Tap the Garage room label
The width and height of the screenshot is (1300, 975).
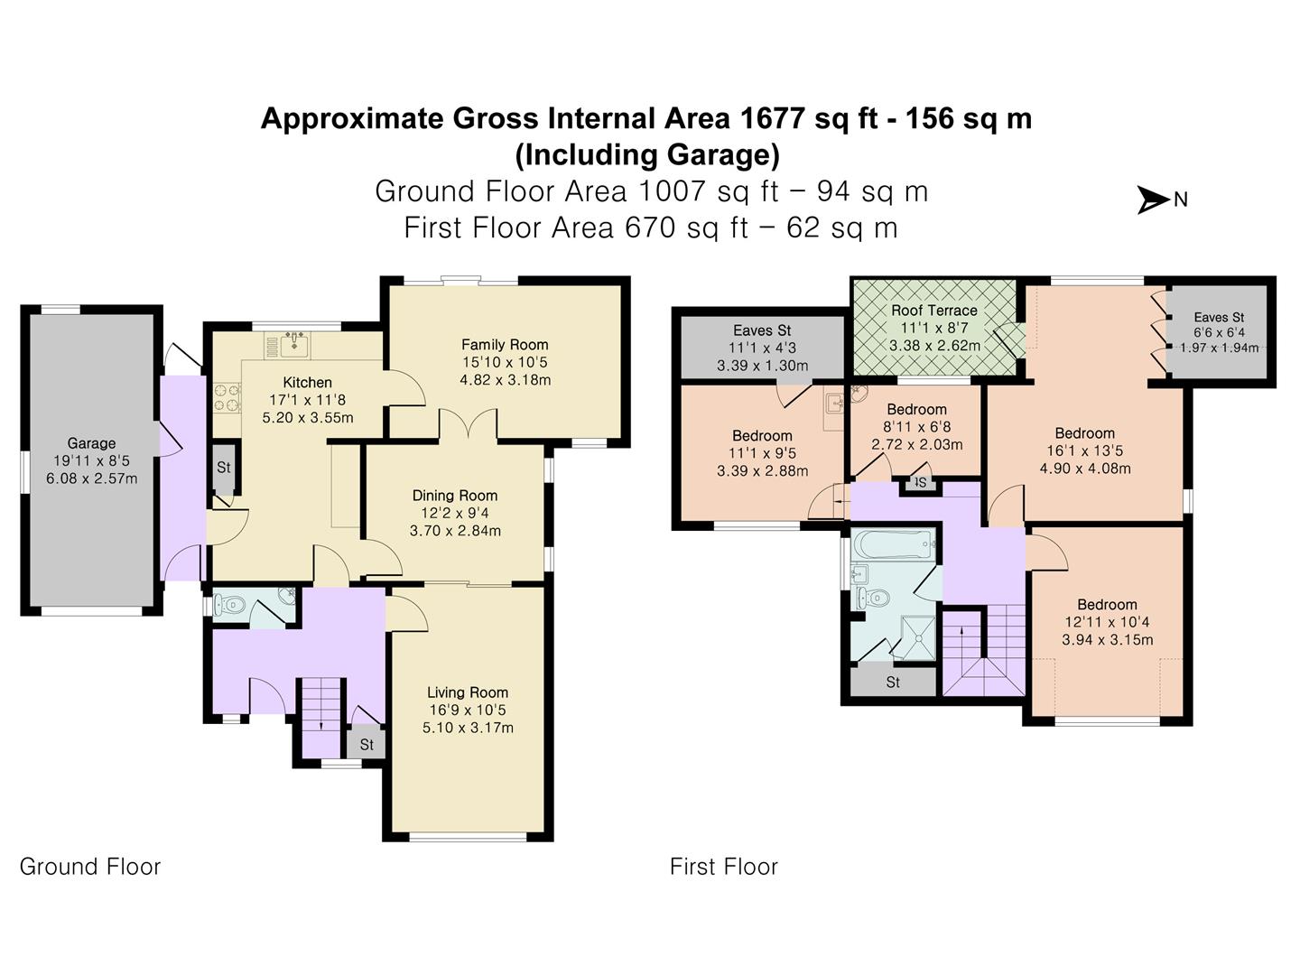click(91, 442)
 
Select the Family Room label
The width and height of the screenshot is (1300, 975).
click(505, 345)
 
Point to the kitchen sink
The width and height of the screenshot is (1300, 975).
click(294, 345)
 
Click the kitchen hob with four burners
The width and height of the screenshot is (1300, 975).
click(227, 398)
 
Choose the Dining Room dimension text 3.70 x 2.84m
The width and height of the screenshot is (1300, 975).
click(455, 531)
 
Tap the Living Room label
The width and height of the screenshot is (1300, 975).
click(468, 692)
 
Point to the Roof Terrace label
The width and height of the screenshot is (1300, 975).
click(934, 311)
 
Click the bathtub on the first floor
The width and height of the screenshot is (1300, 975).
click(894, 543)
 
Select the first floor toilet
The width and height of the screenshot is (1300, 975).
click(872, 599)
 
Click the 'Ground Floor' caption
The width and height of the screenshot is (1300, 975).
click(90, 867)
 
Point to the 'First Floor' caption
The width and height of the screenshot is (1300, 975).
click(724, 867)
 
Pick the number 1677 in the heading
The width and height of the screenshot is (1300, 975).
click(774, 117)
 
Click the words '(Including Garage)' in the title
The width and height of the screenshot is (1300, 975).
click(646, 154)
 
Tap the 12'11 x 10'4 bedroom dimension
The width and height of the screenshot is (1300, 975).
click(1107, 622)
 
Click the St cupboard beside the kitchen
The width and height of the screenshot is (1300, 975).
click(224, 468)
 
